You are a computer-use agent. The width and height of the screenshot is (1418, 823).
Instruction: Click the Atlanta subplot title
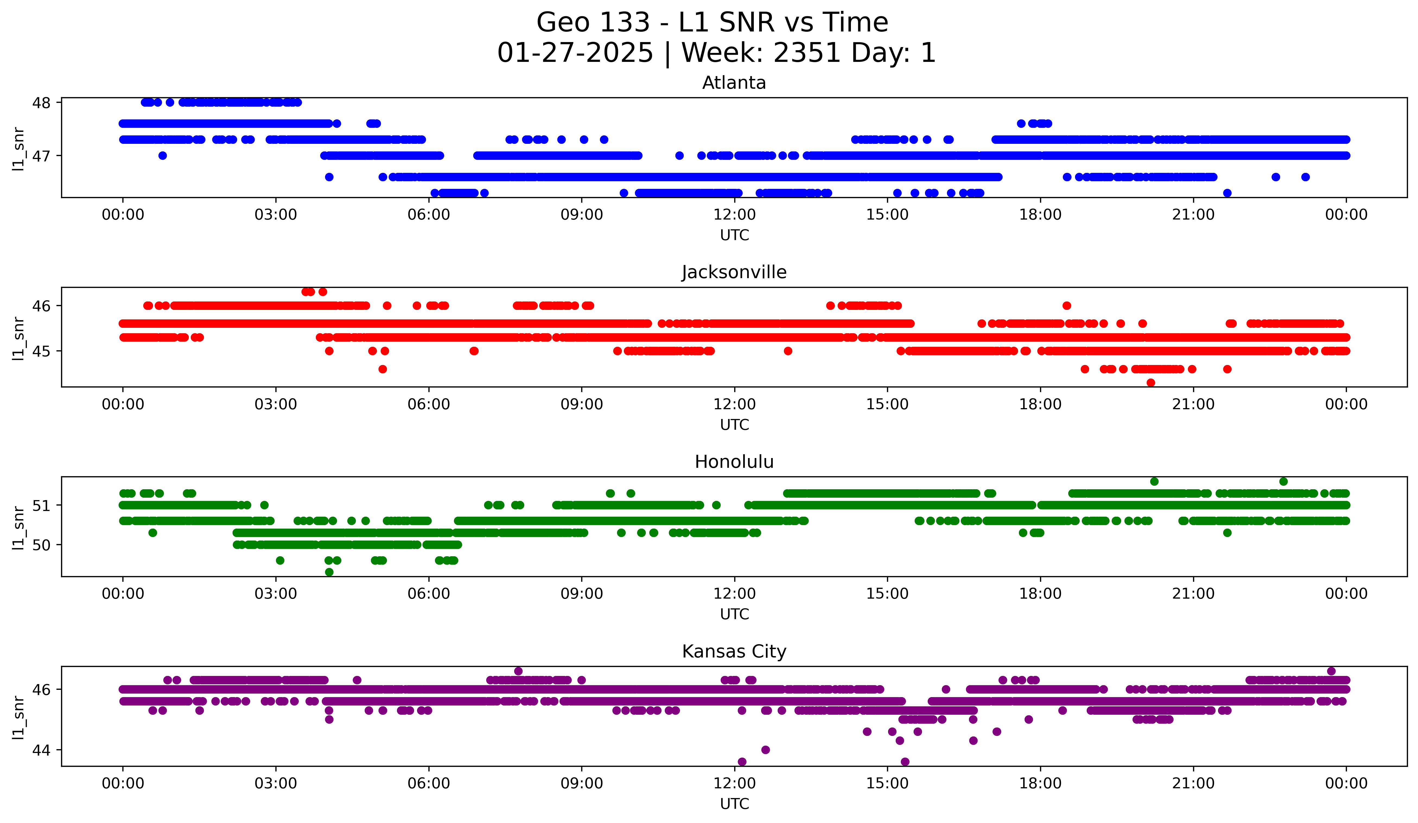734,83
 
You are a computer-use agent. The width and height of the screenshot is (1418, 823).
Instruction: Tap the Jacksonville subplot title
734,272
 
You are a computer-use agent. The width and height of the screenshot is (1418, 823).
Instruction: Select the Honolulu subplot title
734,462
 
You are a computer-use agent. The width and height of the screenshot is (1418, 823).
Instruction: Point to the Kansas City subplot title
734,652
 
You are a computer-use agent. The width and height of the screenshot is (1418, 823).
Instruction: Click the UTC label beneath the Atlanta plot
734,235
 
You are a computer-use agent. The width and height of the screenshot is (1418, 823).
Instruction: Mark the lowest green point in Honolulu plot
329,572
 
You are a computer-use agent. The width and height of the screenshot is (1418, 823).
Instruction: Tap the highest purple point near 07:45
518,671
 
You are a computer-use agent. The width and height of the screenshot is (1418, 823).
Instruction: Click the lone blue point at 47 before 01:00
163,156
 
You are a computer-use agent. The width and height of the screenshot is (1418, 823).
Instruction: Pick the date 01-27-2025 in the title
575,53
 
